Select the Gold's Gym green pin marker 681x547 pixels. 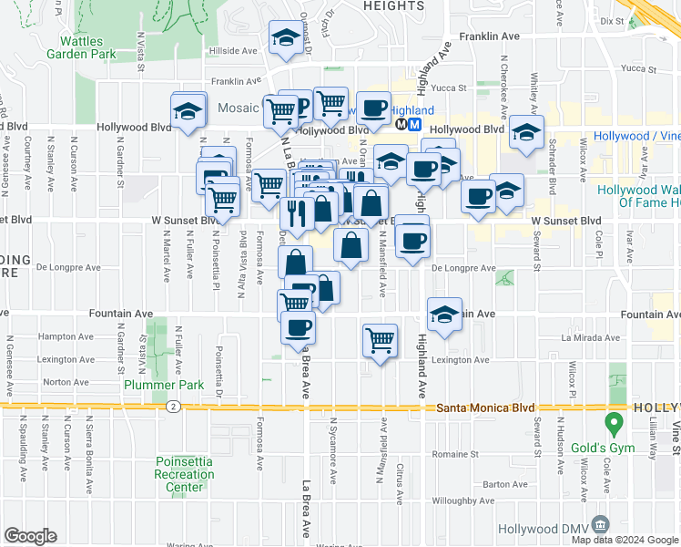(x=614, y=424)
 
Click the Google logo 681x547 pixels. (x=30, y=536)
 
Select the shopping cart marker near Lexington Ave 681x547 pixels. (x=380, y=341)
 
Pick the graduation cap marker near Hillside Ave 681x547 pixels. (x=286, y=39)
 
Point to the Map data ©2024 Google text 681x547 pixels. (x=625, y=540)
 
